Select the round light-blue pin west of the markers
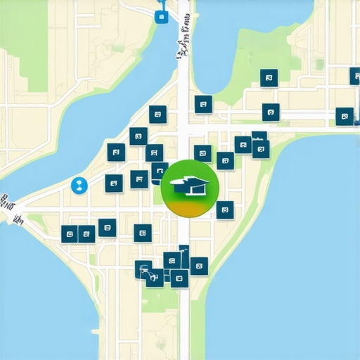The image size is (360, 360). pos(79,185)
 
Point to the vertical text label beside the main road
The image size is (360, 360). pos(181,39)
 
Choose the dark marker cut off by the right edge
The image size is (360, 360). pos(354,76)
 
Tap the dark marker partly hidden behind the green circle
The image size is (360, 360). pos(160,171)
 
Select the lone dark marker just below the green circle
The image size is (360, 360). pos(224,209)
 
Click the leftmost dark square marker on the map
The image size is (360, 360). pos(69,233)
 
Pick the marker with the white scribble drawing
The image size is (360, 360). pos(144,269)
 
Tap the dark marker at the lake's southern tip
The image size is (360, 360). pos(203,105)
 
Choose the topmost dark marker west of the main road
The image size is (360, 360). pos(157,114)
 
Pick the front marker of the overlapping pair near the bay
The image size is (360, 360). pos(261,148)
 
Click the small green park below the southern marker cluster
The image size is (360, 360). pos(160,299)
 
